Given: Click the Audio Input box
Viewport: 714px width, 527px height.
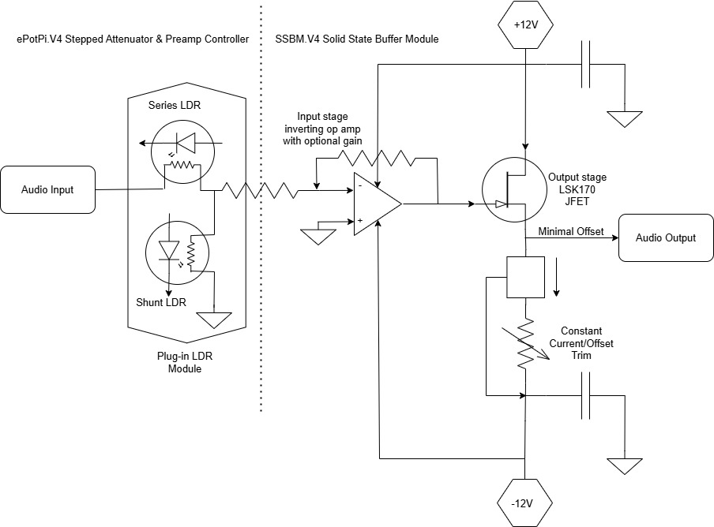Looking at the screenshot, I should [x=48, y=189].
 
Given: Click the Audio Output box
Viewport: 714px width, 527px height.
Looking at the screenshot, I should [x=666, y=237].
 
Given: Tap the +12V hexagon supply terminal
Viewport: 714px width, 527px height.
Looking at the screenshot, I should [x=524, y=24].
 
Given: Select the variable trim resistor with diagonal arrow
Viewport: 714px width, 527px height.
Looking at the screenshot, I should [x=526, y=344].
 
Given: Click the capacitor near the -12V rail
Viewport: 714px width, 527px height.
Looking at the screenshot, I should [x=587, y=396].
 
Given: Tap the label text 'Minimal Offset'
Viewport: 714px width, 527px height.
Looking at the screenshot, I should [x=570, y=231].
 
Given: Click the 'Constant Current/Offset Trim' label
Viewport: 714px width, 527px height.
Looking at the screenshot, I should [x=586, y=343].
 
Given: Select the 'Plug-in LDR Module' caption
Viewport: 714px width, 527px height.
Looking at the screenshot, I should [x=185, y=362].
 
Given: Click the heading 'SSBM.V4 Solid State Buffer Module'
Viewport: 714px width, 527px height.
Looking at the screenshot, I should [x=356, y=39].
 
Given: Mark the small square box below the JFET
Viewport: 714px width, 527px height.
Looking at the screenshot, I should [x=525, y=277].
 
